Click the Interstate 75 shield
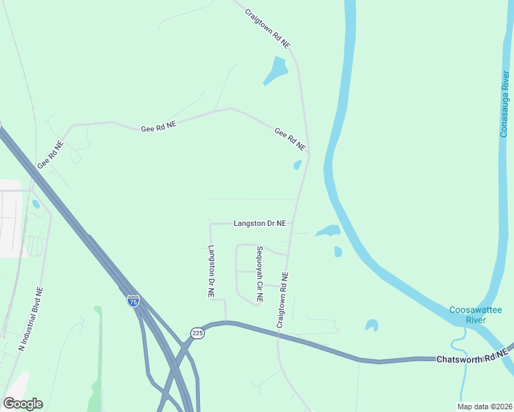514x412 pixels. tap(133, 301)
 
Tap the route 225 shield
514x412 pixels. tap(197, 333)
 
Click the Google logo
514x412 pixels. tap(23, 404)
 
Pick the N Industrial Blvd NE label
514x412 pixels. tap(31, 320)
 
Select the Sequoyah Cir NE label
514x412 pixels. tap(259, 275)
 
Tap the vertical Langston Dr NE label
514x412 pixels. tap(212, 271)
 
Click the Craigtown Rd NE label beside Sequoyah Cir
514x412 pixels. tap(282, 299)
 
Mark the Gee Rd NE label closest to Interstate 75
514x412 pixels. tap(50, 154)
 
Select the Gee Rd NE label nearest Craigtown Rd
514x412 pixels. tap(289, 139)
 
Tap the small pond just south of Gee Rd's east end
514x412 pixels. tap(298, 165)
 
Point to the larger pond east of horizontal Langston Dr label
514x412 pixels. tap(328, 231)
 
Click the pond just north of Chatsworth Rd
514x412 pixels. tap(372, 324)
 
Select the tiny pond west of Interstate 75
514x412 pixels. tap(36, 204)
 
